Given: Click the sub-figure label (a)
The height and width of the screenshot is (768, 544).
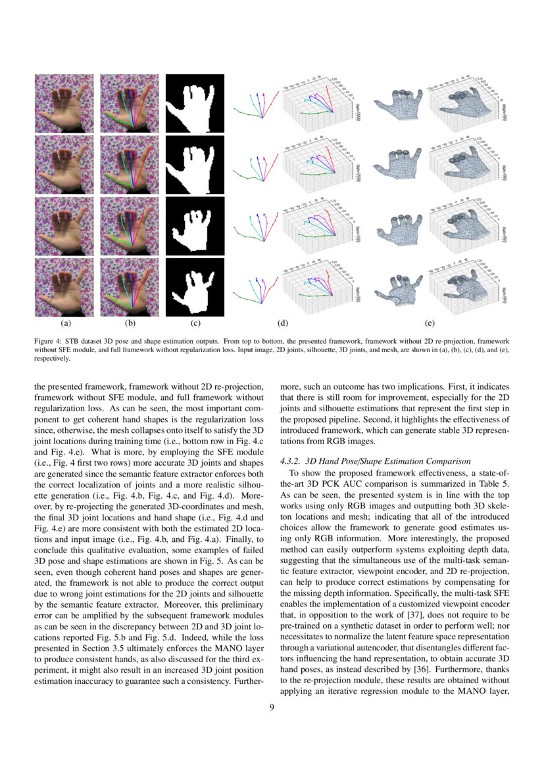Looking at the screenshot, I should (65, 323).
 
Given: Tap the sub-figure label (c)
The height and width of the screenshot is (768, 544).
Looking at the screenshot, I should (195, 323).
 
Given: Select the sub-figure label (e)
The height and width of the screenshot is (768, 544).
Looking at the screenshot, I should (430, 323).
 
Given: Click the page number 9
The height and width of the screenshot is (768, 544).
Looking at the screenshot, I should (272, 707).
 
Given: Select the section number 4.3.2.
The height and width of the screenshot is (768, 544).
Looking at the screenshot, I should (294, 461).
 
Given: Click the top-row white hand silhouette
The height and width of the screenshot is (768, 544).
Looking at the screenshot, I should (195, 103).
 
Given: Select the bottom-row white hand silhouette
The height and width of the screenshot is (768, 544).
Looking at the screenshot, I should (195, 287).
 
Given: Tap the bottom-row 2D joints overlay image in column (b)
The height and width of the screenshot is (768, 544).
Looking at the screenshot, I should (129, 287).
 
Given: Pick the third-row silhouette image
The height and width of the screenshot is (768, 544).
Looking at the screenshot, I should (195, 226).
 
